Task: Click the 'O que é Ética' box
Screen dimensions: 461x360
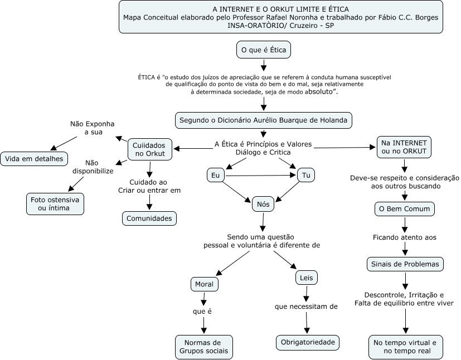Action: point(264,50)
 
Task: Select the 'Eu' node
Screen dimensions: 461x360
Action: point(216,176)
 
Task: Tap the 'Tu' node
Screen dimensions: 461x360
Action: point(306,175)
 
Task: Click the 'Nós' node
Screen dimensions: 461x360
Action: point(263,205)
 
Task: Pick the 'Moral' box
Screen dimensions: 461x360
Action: point(205,284)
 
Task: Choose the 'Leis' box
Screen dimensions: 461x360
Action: point(307,278)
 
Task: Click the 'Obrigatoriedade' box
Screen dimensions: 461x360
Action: point(308,342)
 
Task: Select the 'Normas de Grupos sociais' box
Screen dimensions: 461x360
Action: point(204,347)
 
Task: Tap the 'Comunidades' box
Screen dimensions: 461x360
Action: point(149,218)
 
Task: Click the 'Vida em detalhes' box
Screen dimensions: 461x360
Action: point(34,159)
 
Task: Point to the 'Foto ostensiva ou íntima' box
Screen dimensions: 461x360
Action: point(55,204)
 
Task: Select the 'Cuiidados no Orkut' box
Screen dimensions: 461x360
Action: point(149,149)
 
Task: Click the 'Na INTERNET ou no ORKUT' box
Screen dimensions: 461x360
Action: point(404,147)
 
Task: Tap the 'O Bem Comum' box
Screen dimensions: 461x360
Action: point(405,209)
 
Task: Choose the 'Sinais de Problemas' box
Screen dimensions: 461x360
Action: point(405,264)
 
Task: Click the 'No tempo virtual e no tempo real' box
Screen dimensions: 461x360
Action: point(406,347)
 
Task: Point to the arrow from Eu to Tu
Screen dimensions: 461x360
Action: point(261,176)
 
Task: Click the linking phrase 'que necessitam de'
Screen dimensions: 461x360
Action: point(306,307)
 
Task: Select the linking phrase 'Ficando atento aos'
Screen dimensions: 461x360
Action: point(405,237)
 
